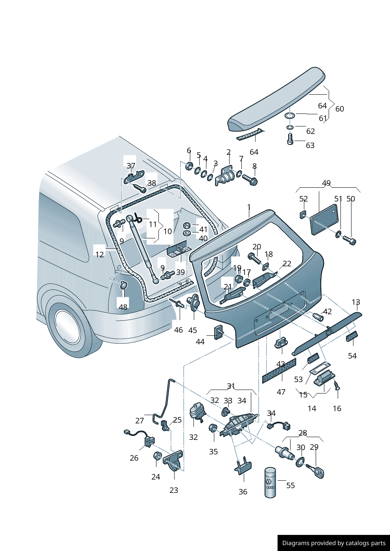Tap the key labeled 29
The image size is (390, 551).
(x=317, y=471)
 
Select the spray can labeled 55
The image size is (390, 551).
(x=270, y=482)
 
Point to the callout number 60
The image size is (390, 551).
(x=340, y=109)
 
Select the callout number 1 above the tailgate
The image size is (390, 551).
(x=249, y=207)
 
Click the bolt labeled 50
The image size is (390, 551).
(x=349, y=239)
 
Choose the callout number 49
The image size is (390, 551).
(x=326, y=183)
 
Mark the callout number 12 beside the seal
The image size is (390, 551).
(x=100, y=254)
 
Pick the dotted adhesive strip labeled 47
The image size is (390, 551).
(x=279, y=370)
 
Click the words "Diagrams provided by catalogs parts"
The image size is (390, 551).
(x=334, y=543)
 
